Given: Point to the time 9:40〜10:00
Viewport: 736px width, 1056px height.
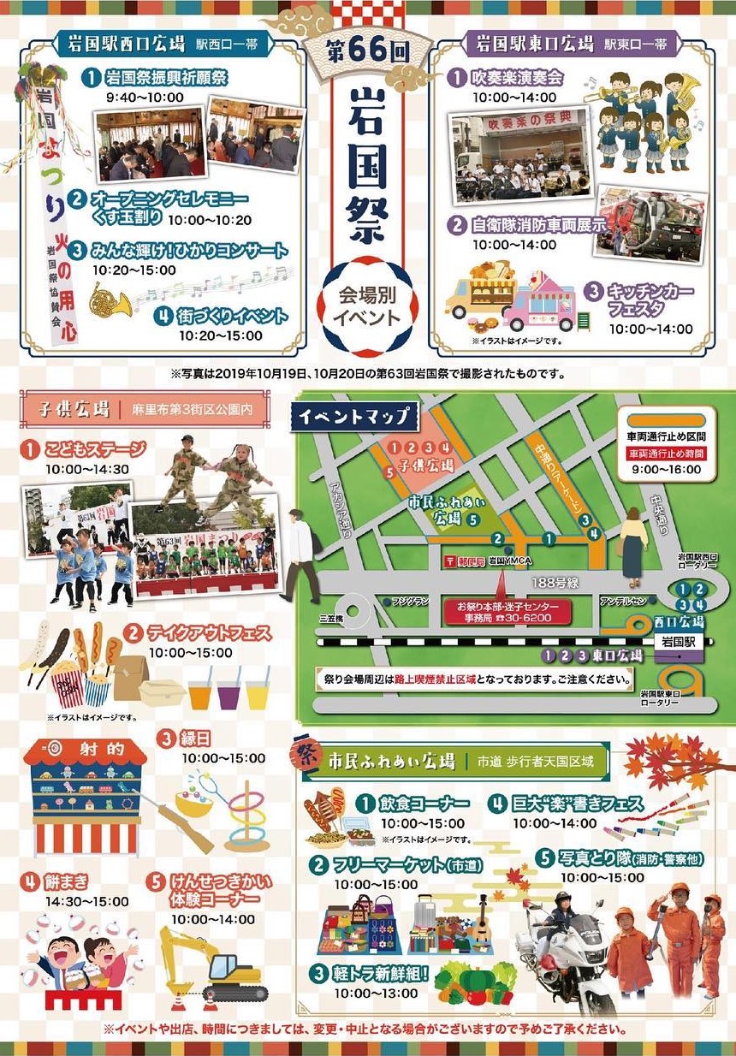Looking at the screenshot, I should [145, 98].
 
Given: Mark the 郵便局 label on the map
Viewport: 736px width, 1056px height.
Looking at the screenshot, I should [467, 561].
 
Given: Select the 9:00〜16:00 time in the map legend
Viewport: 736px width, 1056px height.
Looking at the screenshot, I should [665, 469].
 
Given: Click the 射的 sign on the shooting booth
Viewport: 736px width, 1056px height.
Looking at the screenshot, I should [85, 749].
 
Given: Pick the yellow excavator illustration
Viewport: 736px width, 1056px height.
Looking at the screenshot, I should [214, 963].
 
